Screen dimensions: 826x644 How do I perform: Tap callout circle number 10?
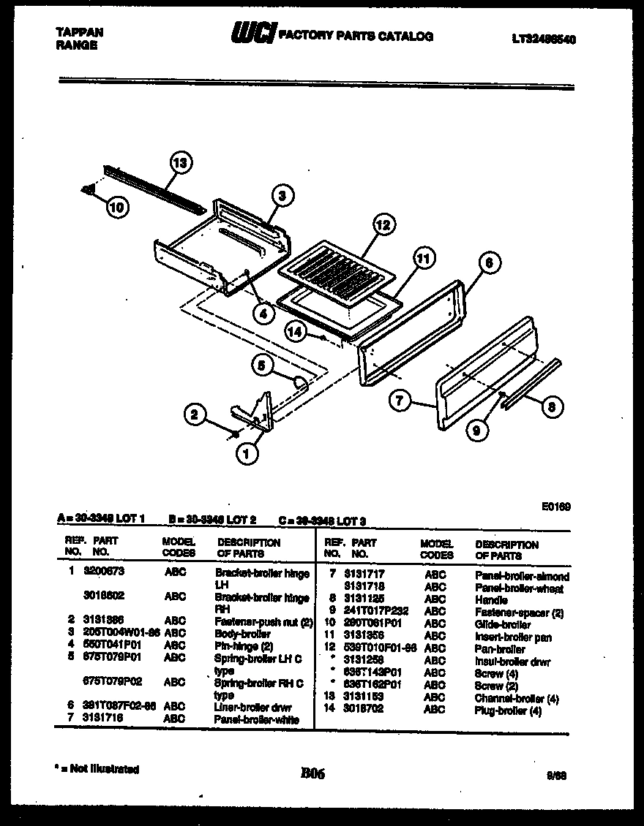116,207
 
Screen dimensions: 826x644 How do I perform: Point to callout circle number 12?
382,225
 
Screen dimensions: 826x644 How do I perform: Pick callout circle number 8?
553,407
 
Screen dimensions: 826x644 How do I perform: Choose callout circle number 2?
195,415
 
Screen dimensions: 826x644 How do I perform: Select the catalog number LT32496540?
543,39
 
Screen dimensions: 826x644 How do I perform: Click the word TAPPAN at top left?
79,32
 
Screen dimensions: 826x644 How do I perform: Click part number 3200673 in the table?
104,573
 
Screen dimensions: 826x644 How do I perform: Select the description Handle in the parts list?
491,599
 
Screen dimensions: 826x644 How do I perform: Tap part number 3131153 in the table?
364,697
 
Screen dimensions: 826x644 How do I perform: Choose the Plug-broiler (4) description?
508,711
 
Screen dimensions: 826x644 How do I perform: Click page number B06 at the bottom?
312,773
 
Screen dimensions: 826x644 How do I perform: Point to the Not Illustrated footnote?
97,769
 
